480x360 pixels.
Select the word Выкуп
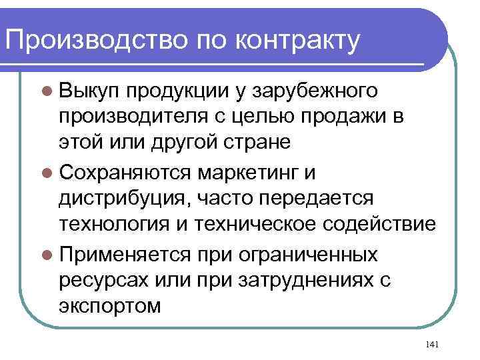pos(90,91)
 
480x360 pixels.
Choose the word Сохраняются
pos(126,173)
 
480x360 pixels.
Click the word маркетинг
pos(251,173)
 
